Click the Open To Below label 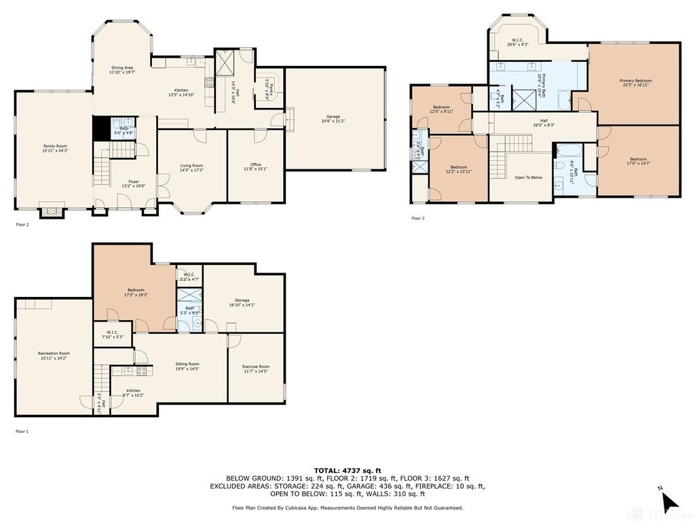528,177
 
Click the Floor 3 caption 418,218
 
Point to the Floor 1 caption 22,431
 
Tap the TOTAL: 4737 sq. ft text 347,470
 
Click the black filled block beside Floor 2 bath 100,127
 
